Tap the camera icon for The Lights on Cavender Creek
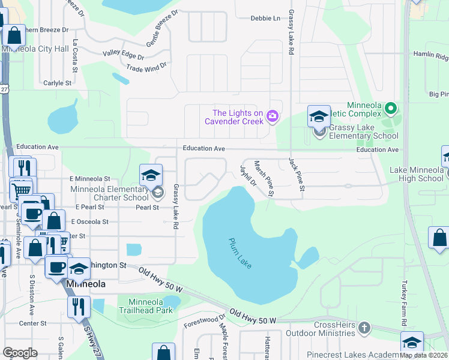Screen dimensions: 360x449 tap(273, 116)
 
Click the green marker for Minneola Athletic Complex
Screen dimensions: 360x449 tap(391, 109)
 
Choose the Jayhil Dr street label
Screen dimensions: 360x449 tap(248, 175)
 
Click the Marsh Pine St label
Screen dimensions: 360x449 tap(264, 178)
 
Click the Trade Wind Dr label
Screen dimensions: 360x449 tap(146, 69)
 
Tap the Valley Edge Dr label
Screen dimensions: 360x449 tap(123, 55)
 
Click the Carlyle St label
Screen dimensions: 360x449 tap(57, 83)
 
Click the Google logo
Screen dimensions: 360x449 tap(20, 352)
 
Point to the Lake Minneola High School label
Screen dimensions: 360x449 tap(416, 174)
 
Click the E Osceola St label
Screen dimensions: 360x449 tap(89, 221)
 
